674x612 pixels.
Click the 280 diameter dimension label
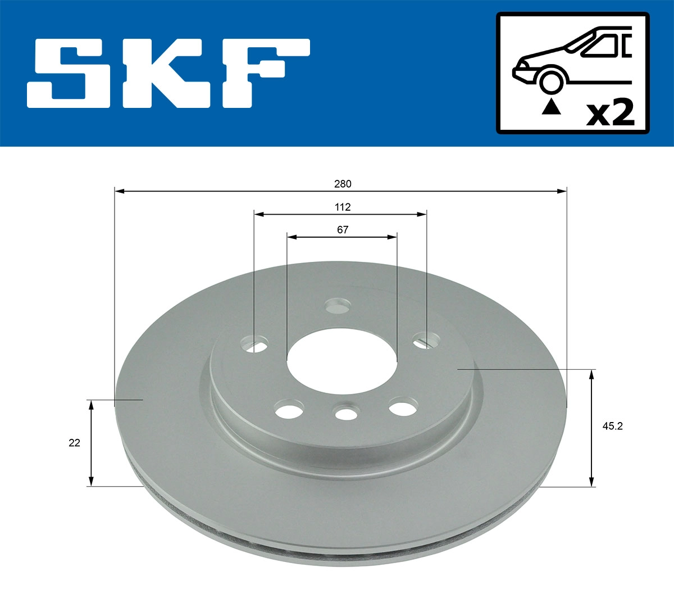coord(343,184)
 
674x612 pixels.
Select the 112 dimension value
coord(343,207)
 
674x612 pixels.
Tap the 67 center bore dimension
coord(343,230)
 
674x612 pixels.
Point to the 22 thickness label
coord(74,443)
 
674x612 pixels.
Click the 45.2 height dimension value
coord(613,426)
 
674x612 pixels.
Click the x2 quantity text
coord(610,114)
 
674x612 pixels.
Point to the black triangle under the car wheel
coord(551,107)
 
